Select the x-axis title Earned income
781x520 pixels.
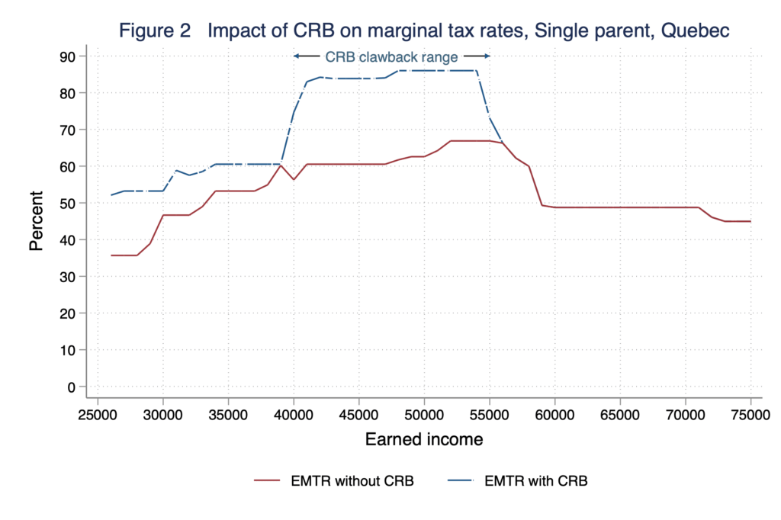click(x=424, y=439)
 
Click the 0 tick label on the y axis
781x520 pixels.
click(x=71, y=387)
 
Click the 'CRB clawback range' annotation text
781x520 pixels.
click(x=391, y=56)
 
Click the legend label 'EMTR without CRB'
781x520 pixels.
click(x=352, y=481)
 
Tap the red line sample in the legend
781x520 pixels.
click(x=268, y=481)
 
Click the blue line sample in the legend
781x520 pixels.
click(x=462, y=481)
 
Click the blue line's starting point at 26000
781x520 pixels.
click(x=111, y=195)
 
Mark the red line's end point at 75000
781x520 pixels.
click(x=750, y=221)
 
